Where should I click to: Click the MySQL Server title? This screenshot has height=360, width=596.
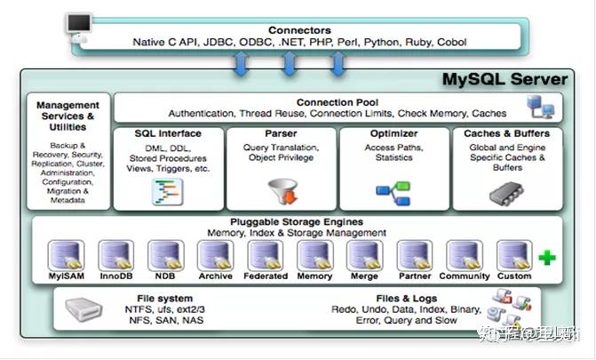tap(505, 80)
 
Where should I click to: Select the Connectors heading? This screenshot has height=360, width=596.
tap(298, 29)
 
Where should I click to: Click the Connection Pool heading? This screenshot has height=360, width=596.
tap(337, 102)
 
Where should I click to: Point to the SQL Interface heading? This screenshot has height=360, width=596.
tap(168, 133)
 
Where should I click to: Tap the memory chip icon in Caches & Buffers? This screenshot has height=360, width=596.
tap(505, 190)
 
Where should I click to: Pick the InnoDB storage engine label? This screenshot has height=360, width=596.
tap(115, 276)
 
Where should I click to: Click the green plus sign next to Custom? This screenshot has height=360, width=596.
tap(547, 258)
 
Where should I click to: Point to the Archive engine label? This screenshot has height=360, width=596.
tap(215, 276)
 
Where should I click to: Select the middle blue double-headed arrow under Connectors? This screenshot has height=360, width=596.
tap(290, 64)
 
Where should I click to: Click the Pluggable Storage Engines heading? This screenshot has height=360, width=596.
tap(296, 221)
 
